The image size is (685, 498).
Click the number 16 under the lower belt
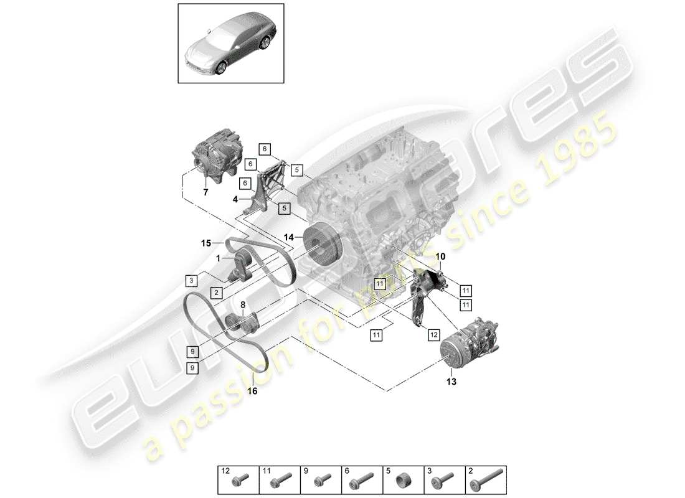click(252, 392)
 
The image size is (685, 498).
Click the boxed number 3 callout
click(192, 281)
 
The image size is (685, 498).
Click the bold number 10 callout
click(440, 256)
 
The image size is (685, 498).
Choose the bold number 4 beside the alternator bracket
click(235, 200)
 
